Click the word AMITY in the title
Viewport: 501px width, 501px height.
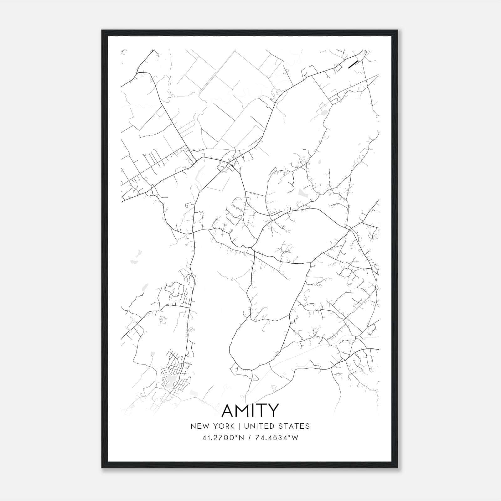[250, 411]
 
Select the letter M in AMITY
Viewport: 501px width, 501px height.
[245, 411]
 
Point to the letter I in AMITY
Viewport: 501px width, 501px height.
[255, 411]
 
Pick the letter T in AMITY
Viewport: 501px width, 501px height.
[262, 411]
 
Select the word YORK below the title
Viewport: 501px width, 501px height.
[223, 426]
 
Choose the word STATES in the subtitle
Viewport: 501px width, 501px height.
[294, 426]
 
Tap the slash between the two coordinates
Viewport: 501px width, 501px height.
[250, 438]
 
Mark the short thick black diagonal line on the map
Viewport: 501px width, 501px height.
[353, 65]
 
